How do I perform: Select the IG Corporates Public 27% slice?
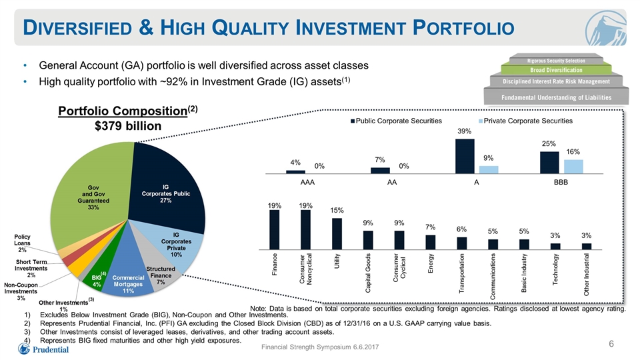(x=167, y=192)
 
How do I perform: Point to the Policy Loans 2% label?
(x=22, y=243)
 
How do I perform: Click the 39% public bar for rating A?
(x=465, y=156)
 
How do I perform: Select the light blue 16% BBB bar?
(x=573, y=167)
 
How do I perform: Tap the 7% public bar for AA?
(x=381, y=171)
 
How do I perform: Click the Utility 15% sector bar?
(x=337, y=234)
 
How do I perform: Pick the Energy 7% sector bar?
(x=431, y=242)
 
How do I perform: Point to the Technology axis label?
(x=555, y=269)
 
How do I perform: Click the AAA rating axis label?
(x=307, y=182)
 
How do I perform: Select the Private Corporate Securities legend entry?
(x=525, y=121)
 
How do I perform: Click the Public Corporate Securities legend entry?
(x=396, y=121)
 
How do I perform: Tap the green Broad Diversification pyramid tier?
(x=556, y=70)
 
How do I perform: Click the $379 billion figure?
(x=128, y=126)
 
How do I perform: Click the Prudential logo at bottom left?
(x=43, y=349)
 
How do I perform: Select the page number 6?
(x=611, y=344)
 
